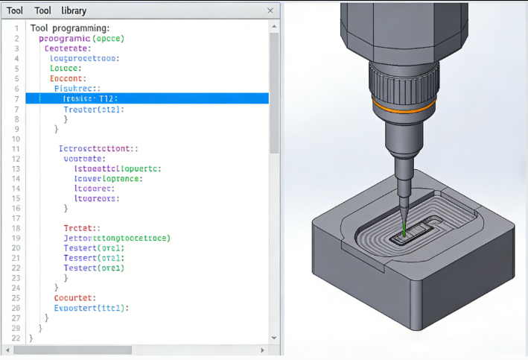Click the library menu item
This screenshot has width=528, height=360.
[x=74, y=10]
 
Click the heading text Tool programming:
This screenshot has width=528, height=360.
[x=70, y=28]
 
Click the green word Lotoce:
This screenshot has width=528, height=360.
[x=66, y=68]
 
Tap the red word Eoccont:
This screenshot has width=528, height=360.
[x=68, y=78]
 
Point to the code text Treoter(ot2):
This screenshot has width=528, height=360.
[x=94, y=109]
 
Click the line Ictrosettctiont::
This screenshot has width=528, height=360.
[x=98, y=148]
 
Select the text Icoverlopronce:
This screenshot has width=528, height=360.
[x=108, y=179]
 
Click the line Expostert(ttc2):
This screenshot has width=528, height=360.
[x=92, y=308]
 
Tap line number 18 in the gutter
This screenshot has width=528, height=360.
[x=16, y=228]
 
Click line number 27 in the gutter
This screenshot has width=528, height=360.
[x=16, y=318]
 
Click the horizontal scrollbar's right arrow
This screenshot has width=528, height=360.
[x=261, y=350]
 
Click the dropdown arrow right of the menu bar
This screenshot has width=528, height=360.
[x=272, y=10]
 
